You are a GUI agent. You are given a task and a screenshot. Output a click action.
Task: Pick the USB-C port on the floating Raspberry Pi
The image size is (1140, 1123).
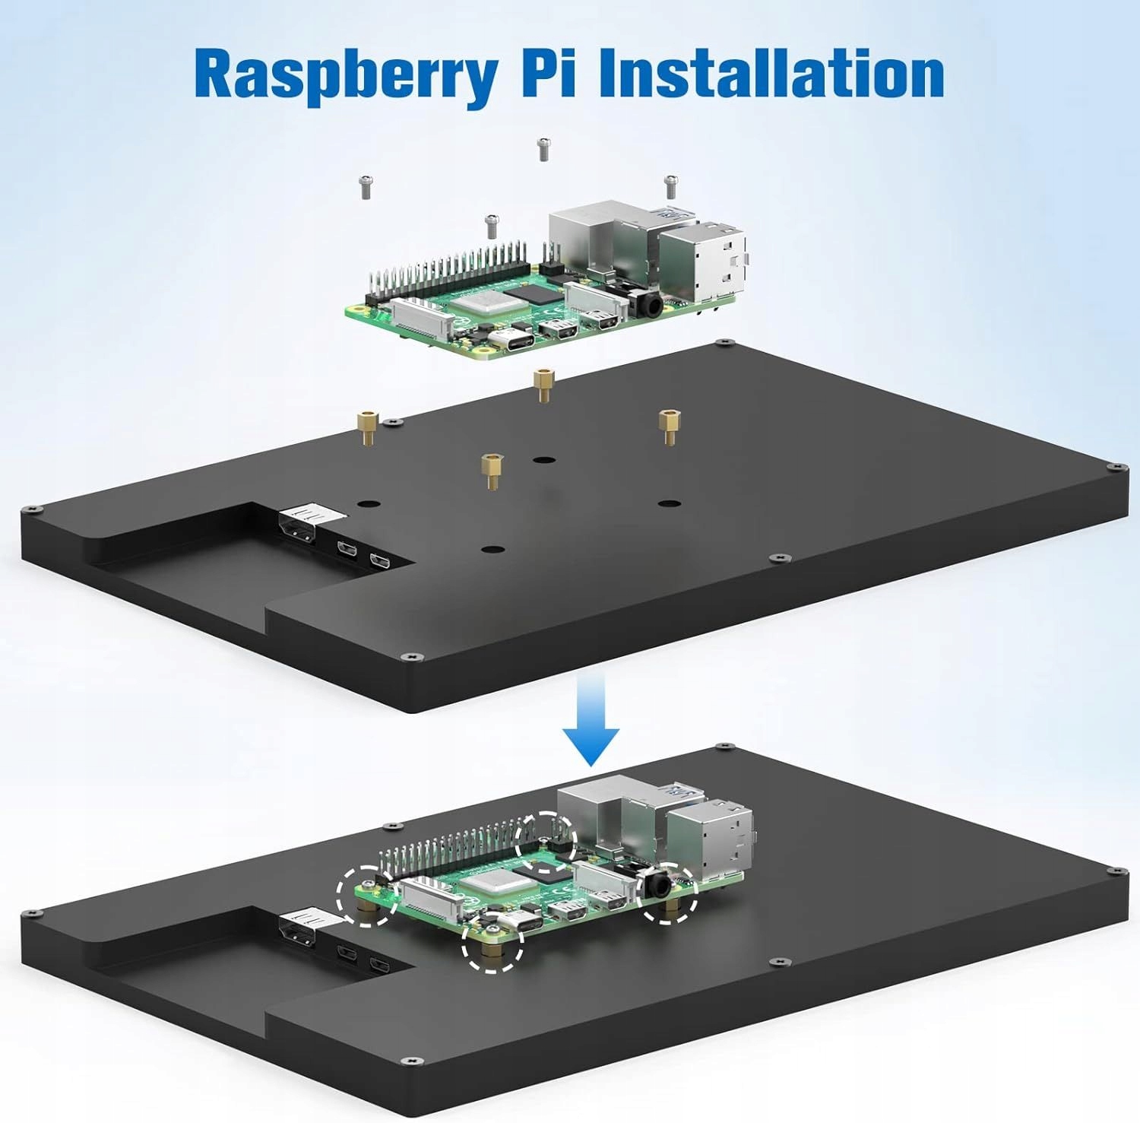[x=505, y=339]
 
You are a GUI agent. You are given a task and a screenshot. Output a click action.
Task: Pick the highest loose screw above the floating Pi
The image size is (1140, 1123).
[x=543, y=149]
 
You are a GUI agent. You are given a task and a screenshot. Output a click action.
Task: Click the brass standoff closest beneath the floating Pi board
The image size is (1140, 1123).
[x=542, y=383]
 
